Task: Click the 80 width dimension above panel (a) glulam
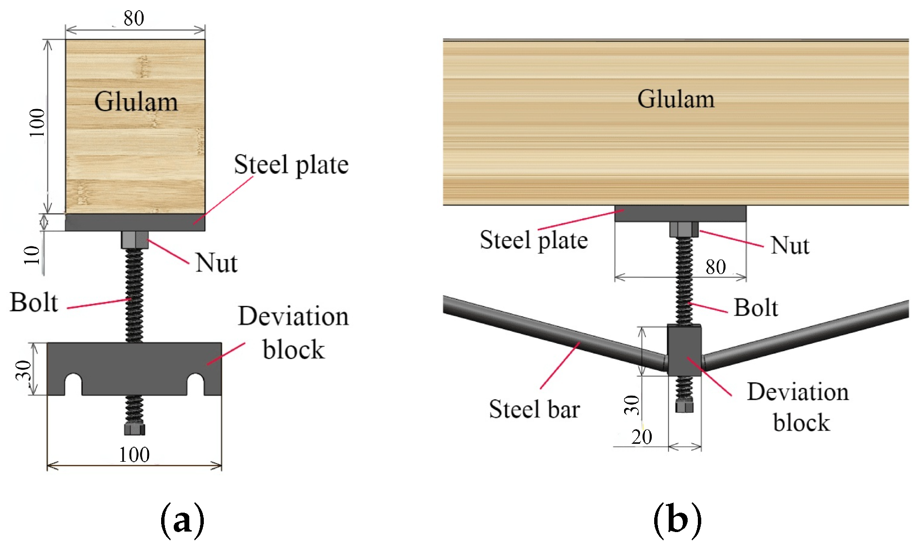coord(133,18)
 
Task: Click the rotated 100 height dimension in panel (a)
coord(37,122)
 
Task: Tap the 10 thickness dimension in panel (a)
coord(33,255)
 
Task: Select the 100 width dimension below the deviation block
coord(134,454)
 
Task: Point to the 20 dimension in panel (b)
coord(642,437)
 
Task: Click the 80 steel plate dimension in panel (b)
coord(716,267)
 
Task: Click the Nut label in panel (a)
coord(216,263)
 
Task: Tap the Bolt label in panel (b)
coord(756,307)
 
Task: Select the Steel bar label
coord(534,409)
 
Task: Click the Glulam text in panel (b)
coord(676,99)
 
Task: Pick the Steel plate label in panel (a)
coord(291,164)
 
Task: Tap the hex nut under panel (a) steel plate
coord(134,240)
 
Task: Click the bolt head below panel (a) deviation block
coord(134,429)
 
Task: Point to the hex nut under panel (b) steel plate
coord(684,229)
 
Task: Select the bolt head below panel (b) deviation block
coord(684,406)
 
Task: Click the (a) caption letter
coord(182,520)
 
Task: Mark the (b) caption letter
coord(677,520)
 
